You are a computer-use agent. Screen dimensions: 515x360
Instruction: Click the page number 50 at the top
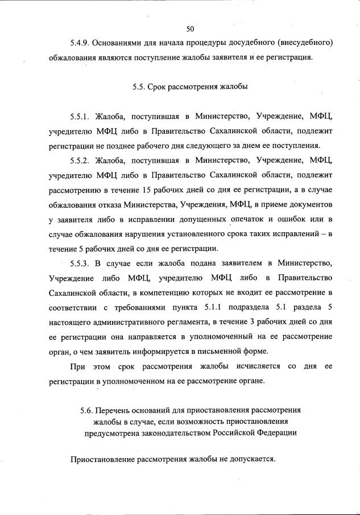click(190, 28)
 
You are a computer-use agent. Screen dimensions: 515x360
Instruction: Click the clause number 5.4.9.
click(80, 43)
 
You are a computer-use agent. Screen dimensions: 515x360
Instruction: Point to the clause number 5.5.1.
click(80, 117)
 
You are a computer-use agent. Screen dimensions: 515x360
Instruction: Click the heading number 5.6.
click(86, 410)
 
